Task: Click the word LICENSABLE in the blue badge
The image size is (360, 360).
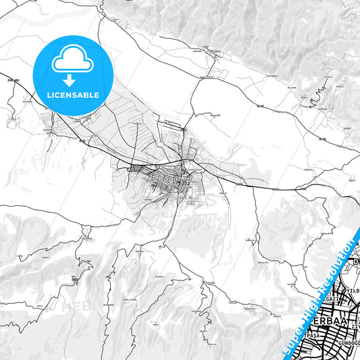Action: point(72,94)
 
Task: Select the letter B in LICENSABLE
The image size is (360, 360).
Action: point(89,94)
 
